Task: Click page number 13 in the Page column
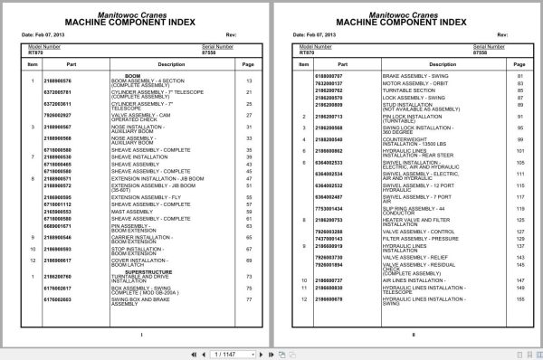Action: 249,82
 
